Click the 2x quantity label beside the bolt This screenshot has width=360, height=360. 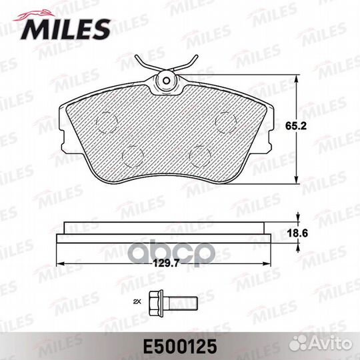(x=137, y=302)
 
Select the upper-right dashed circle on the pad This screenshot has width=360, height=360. (x=225, y=121)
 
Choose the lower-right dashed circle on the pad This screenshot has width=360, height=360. (x=199, y=155)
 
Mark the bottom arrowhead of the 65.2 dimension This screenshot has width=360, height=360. (x=296, y=181)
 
